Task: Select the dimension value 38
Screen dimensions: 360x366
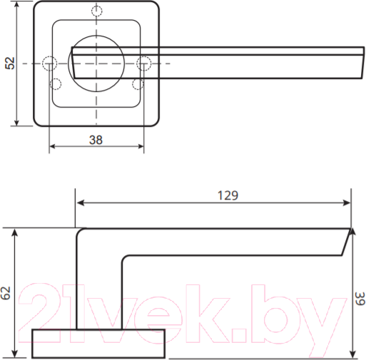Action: (96, 140)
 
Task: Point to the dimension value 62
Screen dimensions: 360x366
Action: (6, 293)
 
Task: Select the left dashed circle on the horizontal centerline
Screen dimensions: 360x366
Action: (49, 63)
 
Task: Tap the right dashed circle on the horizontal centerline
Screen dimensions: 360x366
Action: (143, 63)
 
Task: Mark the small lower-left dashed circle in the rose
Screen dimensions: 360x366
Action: (56, 84)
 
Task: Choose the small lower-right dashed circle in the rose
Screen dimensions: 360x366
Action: (137, 84)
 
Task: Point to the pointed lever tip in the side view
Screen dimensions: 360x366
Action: (352, 232)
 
